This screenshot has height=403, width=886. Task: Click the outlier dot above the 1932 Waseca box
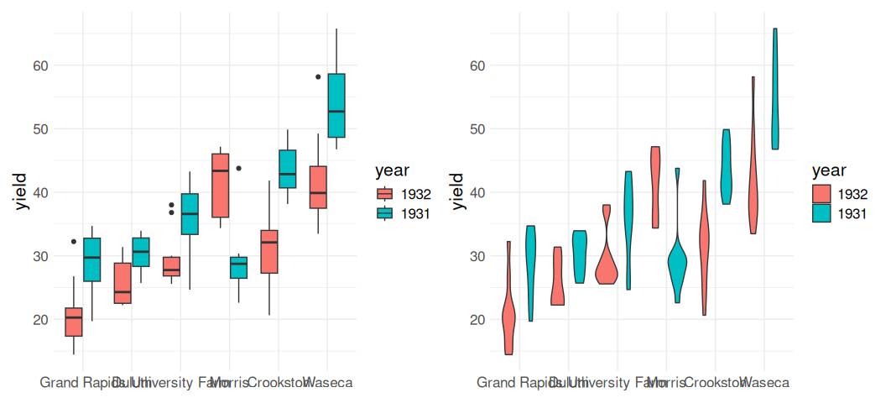coord(318,76)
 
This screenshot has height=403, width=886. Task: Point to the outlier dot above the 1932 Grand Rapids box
coord(74,242)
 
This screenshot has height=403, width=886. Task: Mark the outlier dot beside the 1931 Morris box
coord(238,168)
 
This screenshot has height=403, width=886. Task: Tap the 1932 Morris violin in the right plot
coord(655,186)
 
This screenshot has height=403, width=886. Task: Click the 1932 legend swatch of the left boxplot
coord(385,195)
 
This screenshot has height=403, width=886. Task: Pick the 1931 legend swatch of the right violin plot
coord(822,213)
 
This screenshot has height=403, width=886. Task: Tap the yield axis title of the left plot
coord(21,191)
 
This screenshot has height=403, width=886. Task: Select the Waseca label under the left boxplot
coord(328,383)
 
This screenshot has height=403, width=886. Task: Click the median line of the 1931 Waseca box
coord(336,111)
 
